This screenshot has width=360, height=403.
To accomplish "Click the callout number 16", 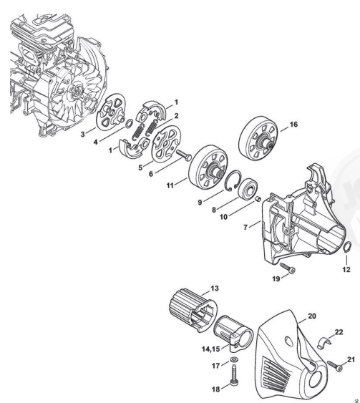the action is [293, 125].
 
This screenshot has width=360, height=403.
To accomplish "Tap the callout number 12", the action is [346, 269].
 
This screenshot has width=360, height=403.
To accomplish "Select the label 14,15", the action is [210, 349].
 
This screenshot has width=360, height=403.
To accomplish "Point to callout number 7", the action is [245, 227].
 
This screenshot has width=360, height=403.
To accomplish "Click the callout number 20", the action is [312, 316].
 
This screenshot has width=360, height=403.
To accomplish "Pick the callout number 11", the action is [170, 185].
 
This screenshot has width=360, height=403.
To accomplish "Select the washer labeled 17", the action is [234, 359].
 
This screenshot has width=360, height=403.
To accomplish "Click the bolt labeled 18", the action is [234, 375].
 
